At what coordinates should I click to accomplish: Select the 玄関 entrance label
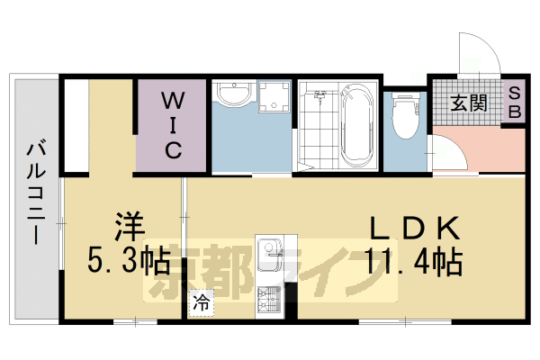(x=468, y=101)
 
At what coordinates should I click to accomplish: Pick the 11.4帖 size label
(x=414, y=262)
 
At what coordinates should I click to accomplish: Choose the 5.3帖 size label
(x=129, y=262)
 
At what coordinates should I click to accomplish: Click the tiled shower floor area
(x=317, y=135)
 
